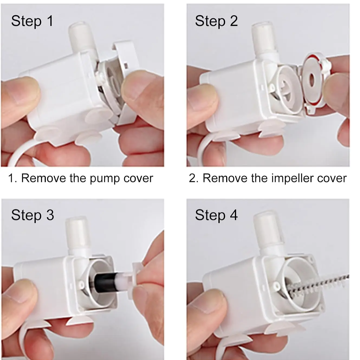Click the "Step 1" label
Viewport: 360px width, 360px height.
(x=32, y=21)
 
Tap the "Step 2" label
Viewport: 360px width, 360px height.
(x=216, y=21)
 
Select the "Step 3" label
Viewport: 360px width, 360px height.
(x=33, y=215)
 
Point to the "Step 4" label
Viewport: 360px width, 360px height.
(x=216, y=215)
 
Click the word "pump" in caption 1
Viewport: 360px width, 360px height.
(x=105, y=179)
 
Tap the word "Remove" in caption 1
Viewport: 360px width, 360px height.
(x=44, y=178)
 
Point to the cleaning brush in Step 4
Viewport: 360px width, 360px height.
(x=317, y=284)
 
